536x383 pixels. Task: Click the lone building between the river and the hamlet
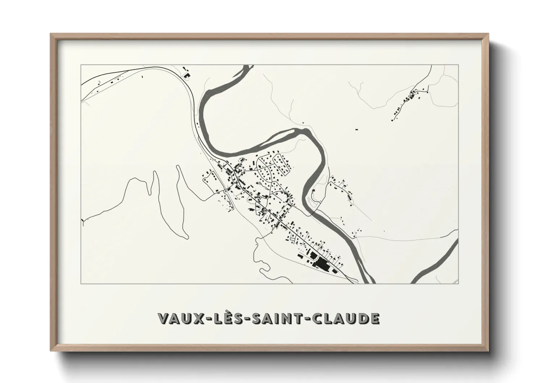[x=356, y=129]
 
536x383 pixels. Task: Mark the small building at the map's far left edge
[x=83, y=220]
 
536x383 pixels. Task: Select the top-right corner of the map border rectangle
[x=458, y=65]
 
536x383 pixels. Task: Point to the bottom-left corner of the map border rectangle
[x=81, y=283]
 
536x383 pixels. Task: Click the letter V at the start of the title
[x=163, y=318]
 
